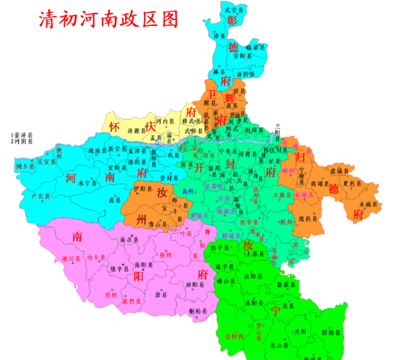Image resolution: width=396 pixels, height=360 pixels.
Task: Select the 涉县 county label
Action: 219,34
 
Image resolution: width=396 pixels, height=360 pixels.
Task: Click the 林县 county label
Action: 219,71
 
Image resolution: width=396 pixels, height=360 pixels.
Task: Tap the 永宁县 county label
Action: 85,182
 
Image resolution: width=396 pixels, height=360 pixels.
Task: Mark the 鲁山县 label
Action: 158,223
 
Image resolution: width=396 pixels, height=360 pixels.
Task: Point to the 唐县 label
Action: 161,295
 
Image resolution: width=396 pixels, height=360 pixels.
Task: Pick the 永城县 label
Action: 367,204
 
